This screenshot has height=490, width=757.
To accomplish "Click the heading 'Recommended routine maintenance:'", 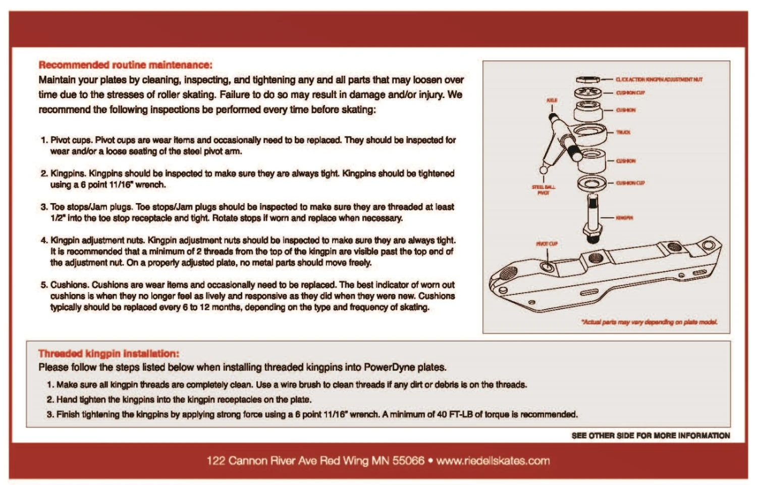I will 125,65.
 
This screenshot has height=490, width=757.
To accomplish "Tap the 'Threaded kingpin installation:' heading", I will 109,354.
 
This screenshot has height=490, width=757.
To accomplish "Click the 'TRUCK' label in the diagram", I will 623,132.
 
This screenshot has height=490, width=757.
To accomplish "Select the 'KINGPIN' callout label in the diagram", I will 624,218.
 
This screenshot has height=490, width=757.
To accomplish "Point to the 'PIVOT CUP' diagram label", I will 547,243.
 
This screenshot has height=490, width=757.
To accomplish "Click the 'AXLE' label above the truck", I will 552,101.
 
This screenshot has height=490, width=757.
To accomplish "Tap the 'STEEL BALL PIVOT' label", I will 544,190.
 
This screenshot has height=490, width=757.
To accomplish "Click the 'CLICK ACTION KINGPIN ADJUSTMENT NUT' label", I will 659,80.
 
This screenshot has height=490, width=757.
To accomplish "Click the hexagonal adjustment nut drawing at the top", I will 587,80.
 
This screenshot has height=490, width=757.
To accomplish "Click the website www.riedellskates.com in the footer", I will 493,461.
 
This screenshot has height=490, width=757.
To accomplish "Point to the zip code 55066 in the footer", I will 408,461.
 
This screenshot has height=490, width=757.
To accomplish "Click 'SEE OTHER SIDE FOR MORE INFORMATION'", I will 651,435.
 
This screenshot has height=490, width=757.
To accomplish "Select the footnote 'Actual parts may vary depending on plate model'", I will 650,322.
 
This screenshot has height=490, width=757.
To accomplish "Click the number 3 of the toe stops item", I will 43,207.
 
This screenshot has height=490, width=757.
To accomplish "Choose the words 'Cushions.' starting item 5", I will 70,285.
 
